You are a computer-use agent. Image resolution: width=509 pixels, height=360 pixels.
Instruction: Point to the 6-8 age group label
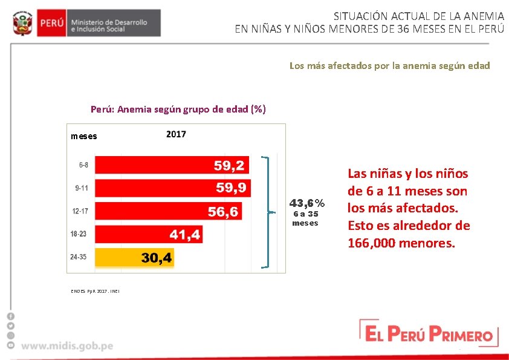[x=83, y=165]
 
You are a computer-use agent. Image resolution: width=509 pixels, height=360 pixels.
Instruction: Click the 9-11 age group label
[x=81, y=188]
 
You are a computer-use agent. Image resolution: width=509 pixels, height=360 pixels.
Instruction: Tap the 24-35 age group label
[x=78, y=257]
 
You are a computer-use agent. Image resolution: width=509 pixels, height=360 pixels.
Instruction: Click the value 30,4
[x=157, y=258]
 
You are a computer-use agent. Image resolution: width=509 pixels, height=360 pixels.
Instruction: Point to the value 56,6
[x=223, y=212]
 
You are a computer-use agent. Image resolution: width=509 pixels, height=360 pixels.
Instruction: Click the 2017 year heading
[x=176, y=134]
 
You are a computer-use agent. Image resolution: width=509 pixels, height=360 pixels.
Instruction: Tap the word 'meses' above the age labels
[x=83, y=136]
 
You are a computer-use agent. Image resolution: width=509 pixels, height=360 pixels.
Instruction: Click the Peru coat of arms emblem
[x=23, y=23]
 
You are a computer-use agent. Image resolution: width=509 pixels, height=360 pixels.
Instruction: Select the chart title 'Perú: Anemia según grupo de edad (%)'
[x=178, y=110]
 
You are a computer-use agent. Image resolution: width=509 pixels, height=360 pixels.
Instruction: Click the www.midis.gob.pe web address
[x=67, y=346]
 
